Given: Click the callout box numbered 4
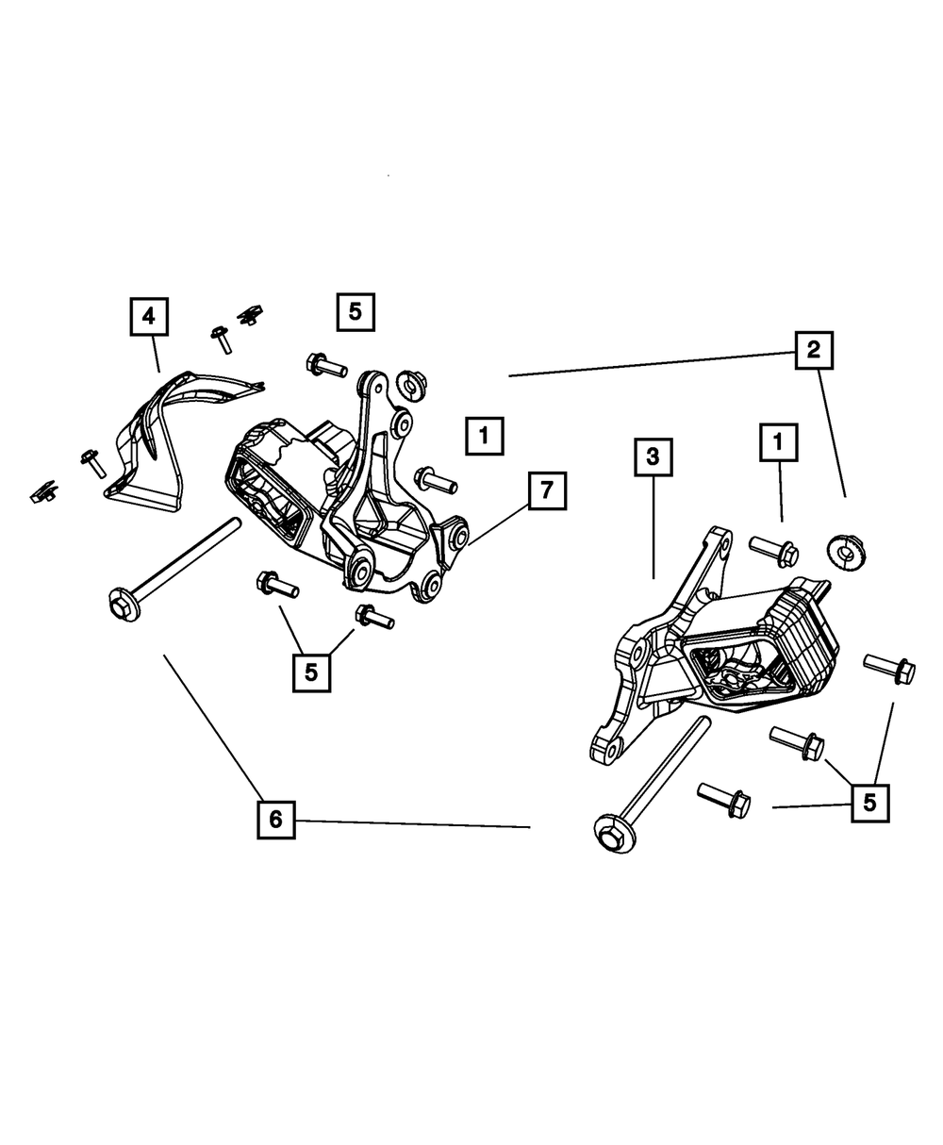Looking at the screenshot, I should (x=149, y=316).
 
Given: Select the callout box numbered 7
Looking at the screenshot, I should (x=548, y=491).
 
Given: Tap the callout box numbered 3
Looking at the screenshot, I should (x=653, y=459).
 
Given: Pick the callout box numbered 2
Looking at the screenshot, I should (x=813, y=351).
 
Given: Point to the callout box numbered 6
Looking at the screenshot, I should (x=275, y=820).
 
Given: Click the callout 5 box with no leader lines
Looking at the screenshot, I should (x=355, y=311).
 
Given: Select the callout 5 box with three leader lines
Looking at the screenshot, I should (x=869, y=803).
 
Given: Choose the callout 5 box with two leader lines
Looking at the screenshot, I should (x=311, y=672).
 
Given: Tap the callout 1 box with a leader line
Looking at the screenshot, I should (x=779, y=440).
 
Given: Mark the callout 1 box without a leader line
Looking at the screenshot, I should (x=484, y=437).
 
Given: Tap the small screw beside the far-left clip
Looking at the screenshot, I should (x=92, y=463).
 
